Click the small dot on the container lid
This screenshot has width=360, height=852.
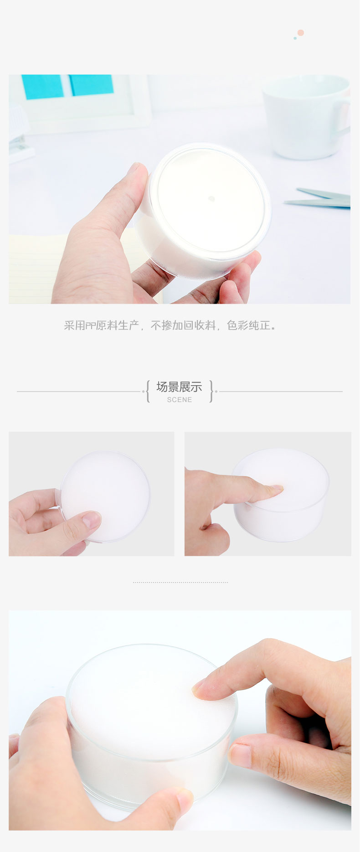211,199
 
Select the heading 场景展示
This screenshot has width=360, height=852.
179,387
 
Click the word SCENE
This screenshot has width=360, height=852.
180,400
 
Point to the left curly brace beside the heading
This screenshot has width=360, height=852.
147,391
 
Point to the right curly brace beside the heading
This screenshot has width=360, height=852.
211,391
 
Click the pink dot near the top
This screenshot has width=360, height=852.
300,33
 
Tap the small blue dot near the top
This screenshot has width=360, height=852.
295,38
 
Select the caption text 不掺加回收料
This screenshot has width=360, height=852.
183,325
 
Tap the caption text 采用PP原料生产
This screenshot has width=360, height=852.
101,325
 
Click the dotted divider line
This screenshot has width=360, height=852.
180,582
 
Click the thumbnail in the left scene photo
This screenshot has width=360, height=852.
92,519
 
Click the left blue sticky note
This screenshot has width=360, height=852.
42,87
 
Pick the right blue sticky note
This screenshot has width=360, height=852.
91,85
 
